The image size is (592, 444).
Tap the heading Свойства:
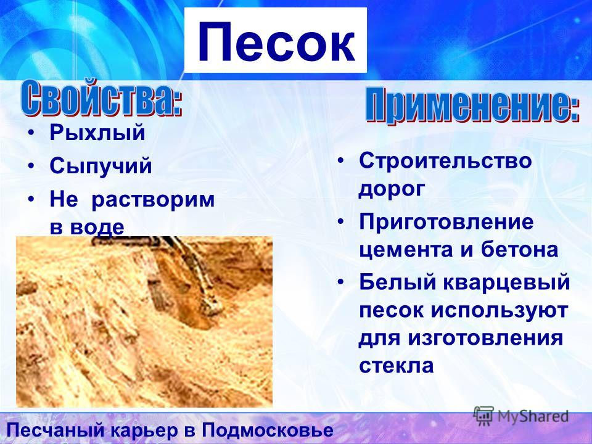pos(102,98)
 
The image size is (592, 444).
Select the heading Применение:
pos(472,105)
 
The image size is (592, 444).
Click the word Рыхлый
pos(97,133)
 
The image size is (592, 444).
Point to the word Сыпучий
pos(101,166)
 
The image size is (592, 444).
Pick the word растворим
pos(153,199)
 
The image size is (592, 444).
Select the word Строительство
pos(445,160)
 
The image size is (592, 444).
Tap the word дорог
pos(392,189)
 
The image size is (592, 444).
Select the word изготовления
pos(485,337)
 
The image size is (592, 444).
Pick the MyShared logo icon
pos(483,415)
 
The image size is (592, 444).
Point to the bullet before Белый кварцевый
pos(340,282)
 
